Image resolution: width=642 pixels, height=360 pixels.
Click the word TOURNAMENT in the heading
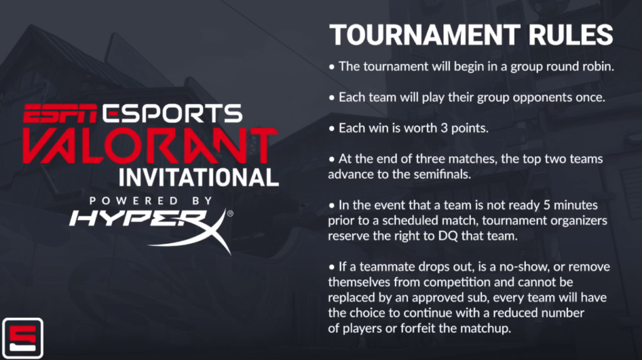(424, 35)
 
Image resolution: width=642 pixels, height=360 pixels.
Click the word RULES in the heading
(571, 35)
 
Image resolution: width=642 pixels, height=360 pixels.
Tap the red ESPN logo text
(60, 114)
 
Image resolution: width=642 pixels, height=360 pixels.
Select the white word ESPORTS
(172, 114)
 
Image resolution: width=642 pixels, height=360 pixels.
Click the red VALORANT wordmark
(150, 146)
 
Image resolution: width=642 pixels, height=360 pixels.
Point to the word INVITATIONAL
(199, 177)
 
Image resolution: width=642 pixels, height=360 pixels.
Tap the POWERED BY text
(151, 201)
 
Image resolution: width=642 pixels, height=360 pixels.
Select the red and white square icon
(23, 338)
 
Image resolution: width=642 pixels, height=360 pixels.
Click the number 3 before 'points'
(444, 128)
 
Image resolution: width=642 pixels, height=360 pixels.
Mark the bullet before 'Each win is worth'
(332, 129)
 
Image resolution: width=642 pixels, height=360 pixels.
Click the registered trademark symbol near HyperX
(230, 213)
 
